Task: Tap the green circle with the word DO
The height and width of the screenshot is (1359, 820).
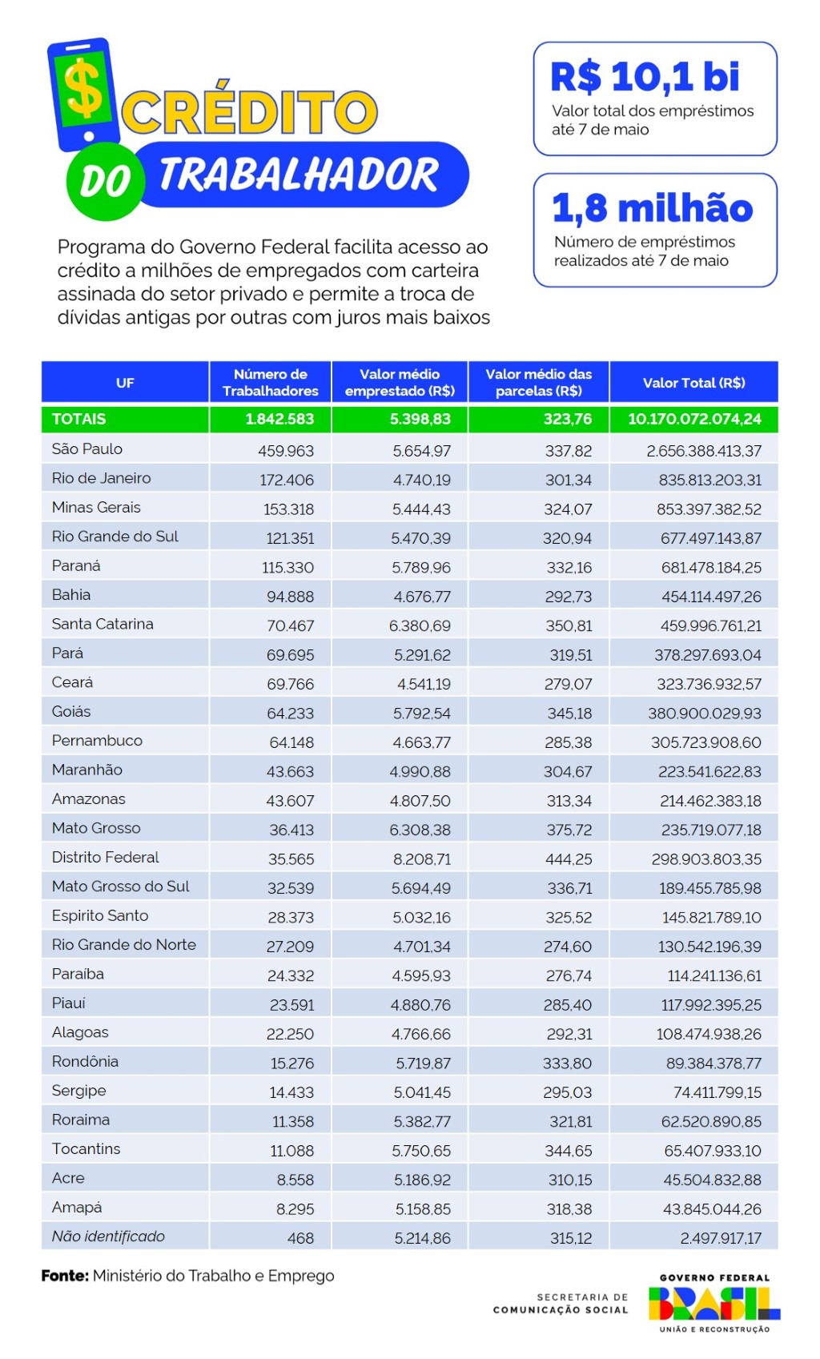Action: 104,182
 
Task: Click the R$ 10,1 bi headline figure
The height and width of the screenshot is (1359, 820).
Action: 645,78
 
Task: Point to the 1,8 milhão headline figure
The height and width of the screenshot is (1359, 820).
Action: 652,208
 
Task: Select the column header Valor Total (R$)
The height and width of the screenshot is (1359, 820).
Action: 693,383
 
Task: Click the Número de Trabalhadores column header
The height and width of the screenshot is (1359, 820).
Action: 271,383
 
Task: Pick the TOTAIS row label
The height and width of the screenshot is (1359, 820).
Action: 78,419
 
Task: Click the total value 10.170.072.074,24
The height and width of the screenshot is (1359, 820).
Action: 693,419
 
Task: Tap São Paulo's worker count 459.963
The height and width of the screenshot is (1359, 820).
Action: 286,451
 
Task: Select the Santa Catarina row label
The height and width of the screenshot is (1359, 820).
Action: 102,624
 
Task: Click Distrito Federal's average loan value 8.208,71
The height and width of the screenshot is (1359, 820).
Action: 421,859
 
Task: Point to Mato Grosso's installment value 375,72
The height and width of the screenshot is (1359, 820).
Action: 569,830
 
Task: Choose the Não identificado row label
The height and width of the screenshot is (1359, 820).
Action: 108,1236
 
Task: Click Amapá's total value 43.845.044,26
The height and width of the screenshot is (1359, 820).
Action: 712,1209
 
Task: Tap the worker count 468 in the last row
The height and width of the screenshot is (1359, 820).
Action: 300,1238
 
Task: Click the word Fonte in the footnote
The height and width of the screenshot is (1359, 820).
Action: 65,1276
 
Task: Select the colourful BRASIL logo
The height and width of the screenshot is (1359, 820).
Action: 713,1303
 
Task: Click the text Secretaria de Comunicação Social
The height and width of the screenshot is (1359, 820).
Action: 561,1303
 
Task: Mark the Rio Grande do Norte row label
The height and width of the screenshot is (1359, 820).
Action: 124,945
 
